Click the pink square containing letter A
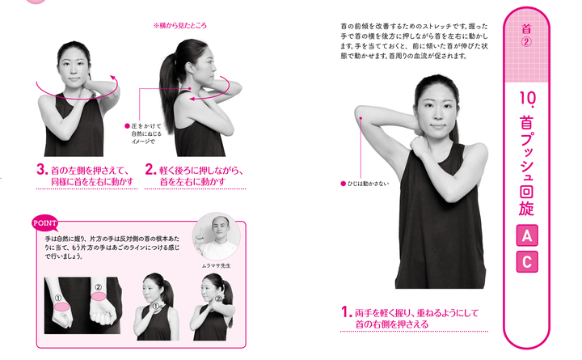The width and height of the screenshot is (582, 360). point(527,235)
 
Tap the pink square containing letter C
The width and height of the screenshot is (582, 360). point(527,262)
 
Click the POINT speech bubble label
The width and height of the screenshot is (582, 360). point(45,223)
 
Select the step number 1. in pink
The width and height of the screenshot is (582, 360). point(346,312)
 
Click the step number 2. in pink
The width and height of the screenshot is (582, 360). point(150,170)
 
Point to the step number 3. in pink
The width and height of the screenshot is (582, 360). point(42,170)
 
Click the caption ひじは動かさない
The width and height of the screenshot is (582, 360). point(368,184)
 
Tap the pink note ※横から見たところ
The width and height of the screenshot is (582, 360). point(180,26)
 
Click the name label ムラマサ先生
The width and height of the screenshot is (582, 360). point(217,265)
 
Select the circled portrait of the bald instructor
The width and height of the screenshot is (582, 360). point(217,236)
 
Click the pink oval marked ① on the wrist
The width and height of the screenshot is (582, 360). point(61,307)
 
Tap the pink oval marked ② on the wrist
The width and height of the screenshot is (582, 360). point(99,296)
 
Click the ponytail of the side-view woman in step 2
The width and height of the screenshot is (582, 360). point(168,96)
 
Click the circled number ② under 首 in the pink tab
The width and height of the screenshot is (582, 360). point(526,41)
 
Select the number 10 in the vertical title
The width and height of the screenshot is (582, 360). point(526,98)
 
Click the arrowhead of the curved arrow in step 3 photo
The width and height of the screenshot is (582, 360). point(112,78)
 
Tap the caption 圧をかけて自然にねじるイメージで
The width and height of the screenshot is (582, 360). point(146,133)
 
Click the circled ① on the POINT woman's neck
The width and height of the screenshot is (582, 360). point(155,306)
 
